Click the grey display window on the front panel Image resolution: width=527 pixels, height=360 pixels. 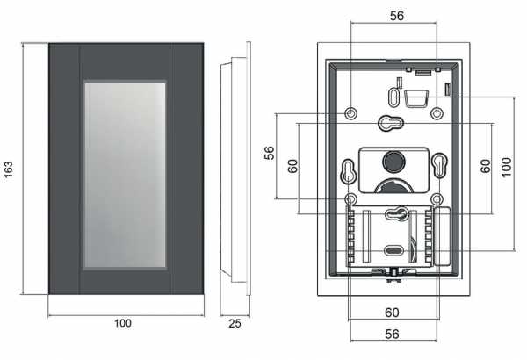(124, 173)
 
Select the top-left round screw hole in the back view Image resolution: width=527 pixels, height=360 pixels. (351, 114)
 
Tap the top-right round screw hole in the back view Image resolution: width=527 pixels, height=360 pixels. (437, 114)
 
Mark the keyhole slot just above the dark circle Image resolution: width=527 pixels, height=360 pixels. (393, 123)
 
